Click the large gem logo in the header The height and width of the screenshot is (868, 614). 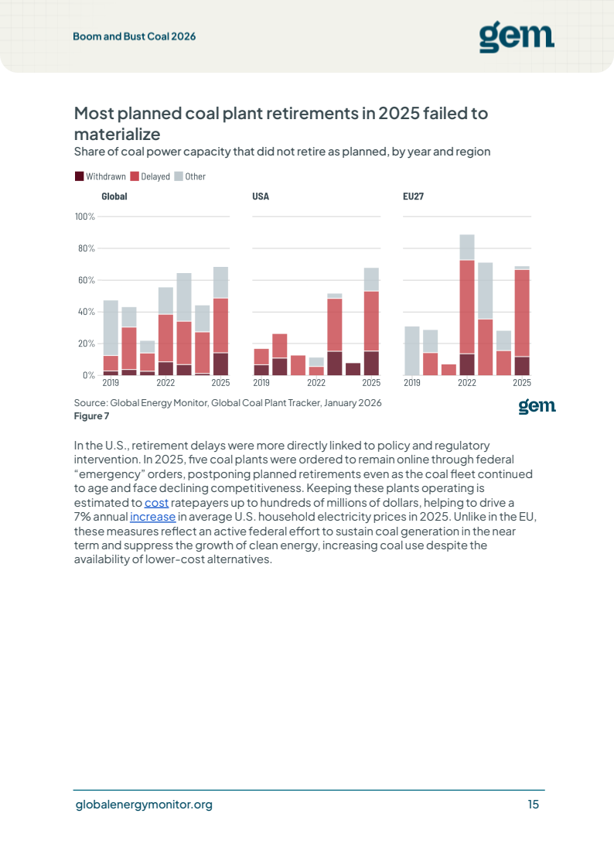tap(517, 36)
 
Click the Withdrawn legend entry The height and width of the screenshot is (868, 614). tap(101, 176)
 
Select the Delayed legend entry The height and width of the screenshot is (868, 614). tap(151, 176)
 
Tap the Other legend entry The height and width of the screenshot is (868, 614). tap(190, 176)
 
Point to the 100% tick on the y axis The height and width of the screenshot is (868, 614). tap(85, 217)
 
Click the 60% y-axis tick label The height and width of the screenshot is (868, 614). tap(87, 280)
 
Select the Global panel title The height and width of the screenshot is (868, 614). tap(114, 196)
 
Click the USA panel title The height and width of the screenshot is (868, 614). tap(261, 196)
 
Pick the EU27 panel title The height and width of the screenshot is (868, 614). tap(413, 196)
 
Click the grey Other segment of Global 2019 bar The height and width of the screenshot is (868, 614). tap(111, 328)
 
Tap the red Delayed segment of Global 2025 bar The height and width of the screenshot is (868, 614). tap(220, 326)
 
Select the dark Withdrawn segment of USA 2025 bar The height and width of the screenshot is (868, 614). tap(371, 363)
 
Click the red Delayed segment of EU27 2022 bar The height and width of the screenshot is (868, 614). tap(467, 306)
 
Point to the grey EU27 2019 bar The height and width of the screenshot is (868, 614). tap(412, 351)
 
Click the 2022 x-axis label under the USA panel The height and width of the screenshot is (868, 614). tap(316, 382)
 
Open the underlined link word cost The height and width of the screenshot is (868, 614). tap(156, 503)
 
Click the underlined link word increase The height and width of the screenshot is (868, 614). tap(152, 517)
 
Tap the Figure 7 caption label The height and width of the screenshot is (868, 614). tap(92, 416)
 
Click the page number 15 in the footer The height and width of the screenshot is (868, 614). tap(534, 805)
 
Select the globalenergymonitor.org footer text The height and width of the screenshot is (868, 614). tap(144, 805)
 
